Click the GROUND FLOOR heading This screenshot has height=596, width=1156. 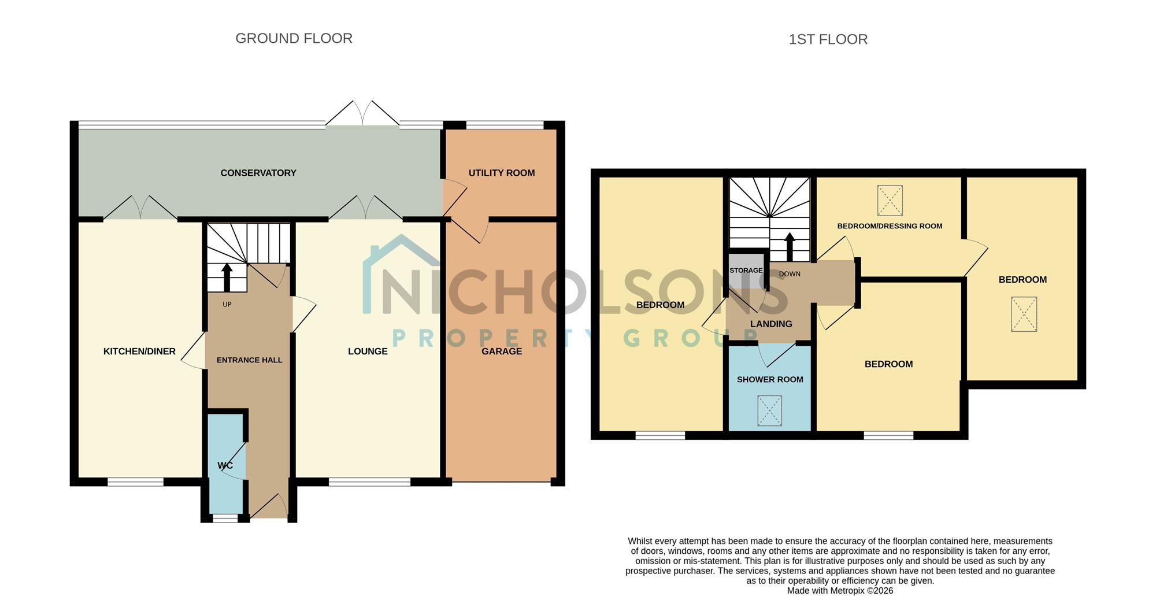(x=294, y=38)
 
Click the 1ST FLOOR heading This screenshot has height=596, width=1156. (x=828, y=39)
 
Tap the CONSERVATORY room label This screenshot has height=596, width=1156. (x=258, y=173)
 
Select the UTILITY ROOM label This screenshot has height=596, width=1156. (x=502, y=173)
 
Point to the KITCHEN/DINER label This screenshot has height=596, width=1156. (x=139, y=351)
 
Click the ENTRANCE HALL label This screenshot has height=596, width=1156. (x=250, y=360)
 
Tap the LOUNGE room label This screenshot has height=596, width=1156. (x=368, y=351)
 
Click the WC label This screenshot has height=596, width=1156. (x=225, y=465)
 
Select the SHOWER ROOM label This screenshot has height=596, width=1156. (x=770, y=380)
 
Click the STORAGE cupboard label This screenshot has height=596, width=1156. (x=746, y=271)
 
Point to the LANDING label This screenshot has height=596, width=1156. (x=771, y=324)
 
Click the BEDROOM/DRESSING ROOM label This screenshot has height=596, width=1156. (x=890, y=226)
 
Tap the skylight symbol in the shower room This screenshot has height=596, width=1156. (x=769, y=410)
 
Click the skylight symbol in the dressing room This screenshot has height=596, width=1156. (x=890, y=200)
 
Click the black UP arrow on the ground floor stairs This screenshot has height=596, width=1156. (x=227, y=277)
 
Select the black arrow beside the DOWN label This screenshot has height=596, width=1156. (x=790, y=247)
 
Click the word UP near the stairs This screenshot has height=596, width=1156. (x=227, y=305)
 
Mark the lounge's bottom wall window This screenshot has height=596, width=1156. (x=370, y=482)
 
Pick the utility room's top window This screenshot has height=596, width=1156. (x=505, y=125)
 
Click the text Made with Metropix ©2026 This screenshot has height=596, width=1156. (x=840, y=591)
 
